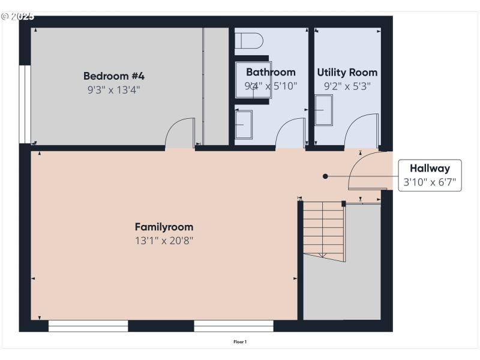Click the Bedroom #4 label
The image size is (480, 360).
coord(114,76)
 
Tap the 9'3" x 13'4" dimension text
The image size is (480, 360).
coord(114,90)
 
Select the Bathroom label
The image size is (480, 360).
coord(271,72)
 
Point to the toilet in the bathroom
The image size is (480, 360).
coord(249,41)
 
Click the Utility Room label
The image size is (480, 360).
coord(347,72)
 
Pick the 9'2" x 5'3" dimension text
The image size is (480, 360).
coord(347,86)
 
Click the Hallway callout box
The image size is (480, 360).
coord(430,175)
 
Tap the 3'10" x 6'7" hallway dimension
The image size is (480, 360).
coord(430,182)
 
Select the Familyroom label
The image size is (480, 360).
coord(164,227)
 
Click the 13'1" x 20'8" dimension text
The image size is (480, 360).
coord(164,241)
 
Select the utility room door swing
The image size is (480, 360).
coord(362,131)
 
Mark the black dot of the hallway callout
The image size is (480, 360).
coord(325,176)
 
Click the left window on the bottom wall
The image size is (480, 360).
coord(88,326)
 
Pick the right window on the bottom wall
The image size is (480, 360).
coord(233,326)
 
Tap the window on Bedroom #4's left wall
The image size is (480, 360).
coord(25,104)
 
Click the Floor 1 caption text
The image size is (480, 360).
coord(240,342)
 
